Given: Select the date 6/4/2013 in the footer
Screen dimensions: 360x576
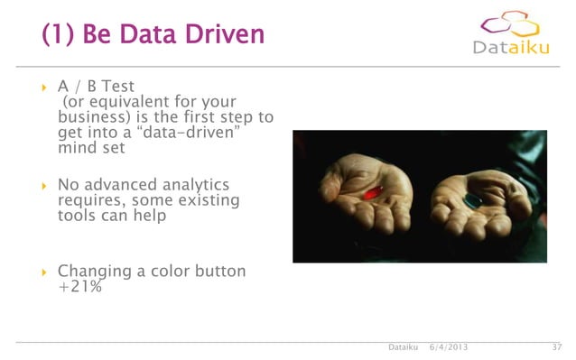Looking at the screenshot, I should click(x=448, y=347).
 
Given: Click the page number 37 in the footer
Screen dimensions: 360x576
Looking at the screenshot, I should click(x=556, y=347).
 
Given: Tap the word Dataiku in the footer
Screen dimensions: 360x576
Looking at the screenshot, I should click(x=403, y=347).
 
